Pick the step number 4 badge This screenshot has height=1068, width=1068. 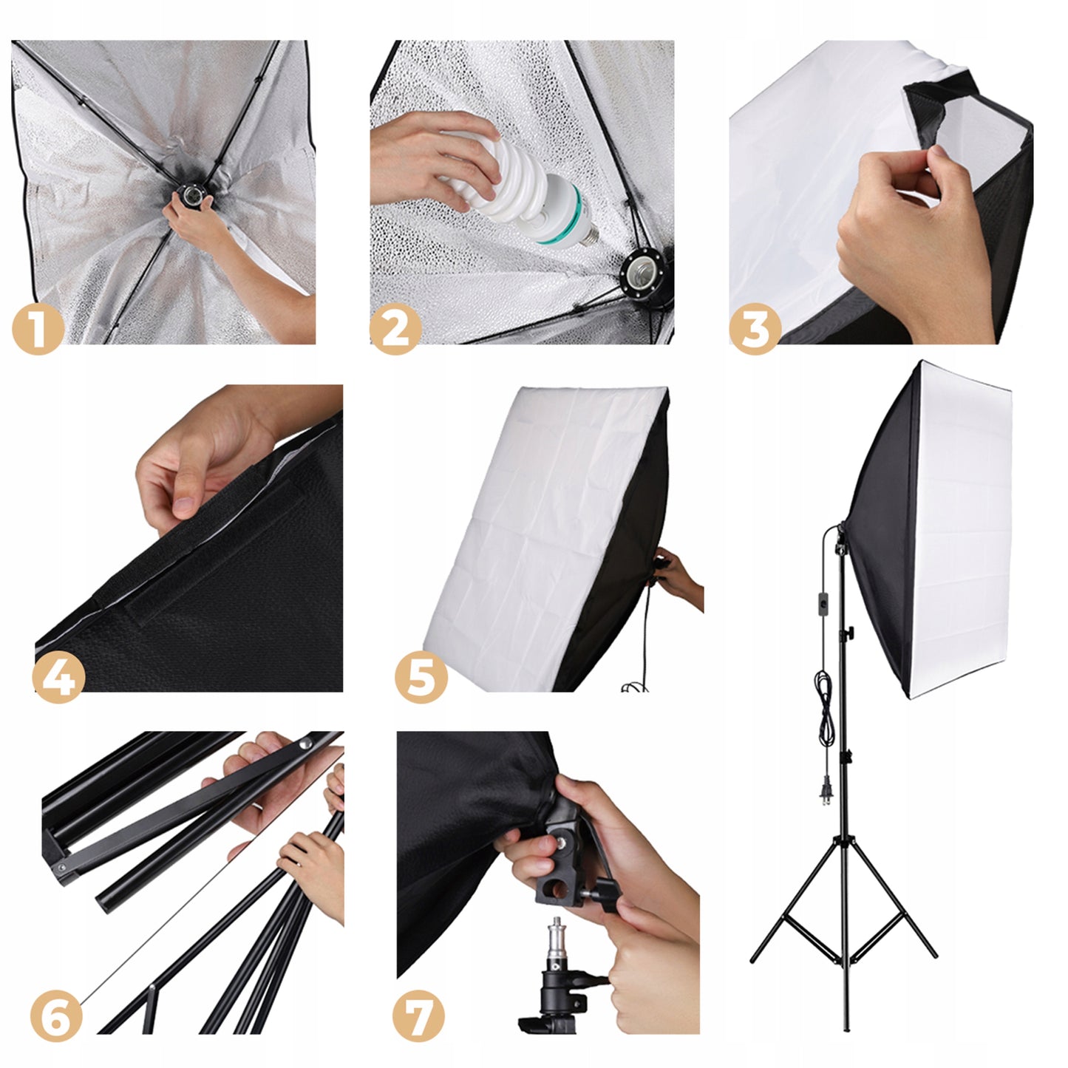tap(60, 676)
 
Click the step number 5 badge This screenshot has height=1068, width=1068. tap(421, 676)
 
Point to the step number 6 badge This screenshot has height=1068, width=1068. tap(57, 1017)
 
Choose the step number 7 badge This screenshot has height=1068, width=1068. tap(418, 1017)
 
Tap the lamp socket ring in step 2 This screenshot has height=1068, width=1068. tap(640, 273)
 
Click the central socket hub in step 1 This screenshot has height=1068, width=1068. tap(191, 195)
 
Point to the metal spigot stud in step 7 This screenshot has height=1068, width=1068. tap(554, 943)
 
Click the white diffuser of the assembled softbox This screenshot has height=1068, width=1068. tap(961, 532)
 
